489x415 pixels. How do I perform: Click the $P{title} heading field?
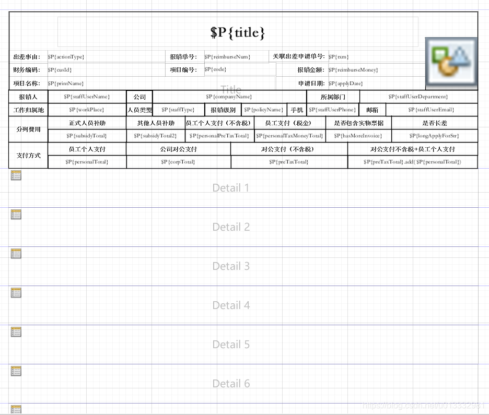(x=238, y=32)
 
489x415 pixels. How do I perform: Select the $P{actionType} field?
(x=66, y=56)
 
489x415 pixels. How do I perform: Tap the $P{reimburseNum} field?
(x=228, y=56)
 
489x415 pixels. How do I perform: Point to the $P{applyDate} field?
(x=346, y=84)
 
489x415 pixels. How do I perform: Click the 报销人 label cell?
(x=28, y=97)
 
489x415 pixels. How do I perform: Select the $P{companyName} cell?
(x=229, y=97)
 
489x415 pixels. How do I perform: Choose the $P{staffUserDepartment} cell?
(x=418, y=97)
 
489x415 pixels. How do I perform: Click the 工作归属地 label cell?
(x=28, y=110)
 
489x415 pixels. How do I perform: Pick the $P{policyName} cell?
(x=264, y=110)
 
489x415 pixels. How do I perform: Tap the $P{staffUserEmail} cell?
(x=431, y=110)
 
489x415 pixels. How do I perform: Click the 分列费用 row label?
(x=28, y=129)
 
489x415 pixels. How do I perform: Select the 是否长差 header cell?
(x=435, y=123)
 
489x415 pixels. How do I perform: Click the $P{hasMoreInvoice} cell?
(x=358, y=136)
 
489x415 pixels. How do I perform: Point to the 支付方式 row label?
(x=28, y=156)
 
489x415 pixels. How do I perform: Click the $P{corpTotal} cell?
(x=178, y=162)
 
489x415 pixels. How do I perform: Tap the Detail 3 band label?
(x=231, y=266)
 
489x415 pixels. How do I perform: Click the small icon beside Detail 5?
(x=16, y=332)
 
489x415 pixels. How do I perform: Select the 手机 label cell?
(x=297, y=110)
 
